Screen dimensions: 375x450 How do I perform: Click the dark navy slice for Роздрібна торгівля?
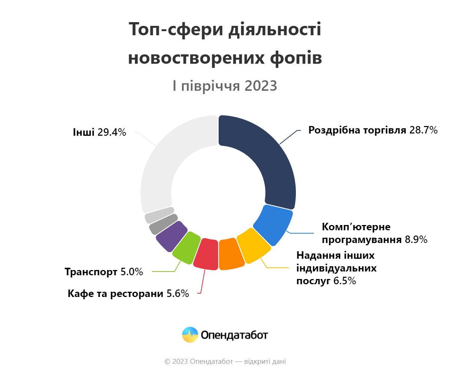[262, 157]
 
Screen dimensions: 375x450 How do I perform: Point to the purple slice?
[171, 236]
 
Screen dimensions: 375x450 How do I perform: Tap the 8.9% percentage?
[416, 239]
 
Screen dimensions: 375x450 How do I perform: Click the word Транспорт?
[91, 272]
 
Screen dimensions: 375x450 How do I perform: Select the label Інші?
[84, 132]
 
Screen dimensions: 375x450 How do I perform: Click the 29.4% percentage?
[112, 132]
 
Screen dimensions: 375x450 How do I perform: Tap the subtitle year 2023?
[261, 86]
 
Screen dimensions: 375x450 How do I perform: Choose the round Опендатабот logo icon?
[190, 335]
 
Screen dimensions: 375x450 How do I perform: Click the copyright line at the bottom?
[225, 361]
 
